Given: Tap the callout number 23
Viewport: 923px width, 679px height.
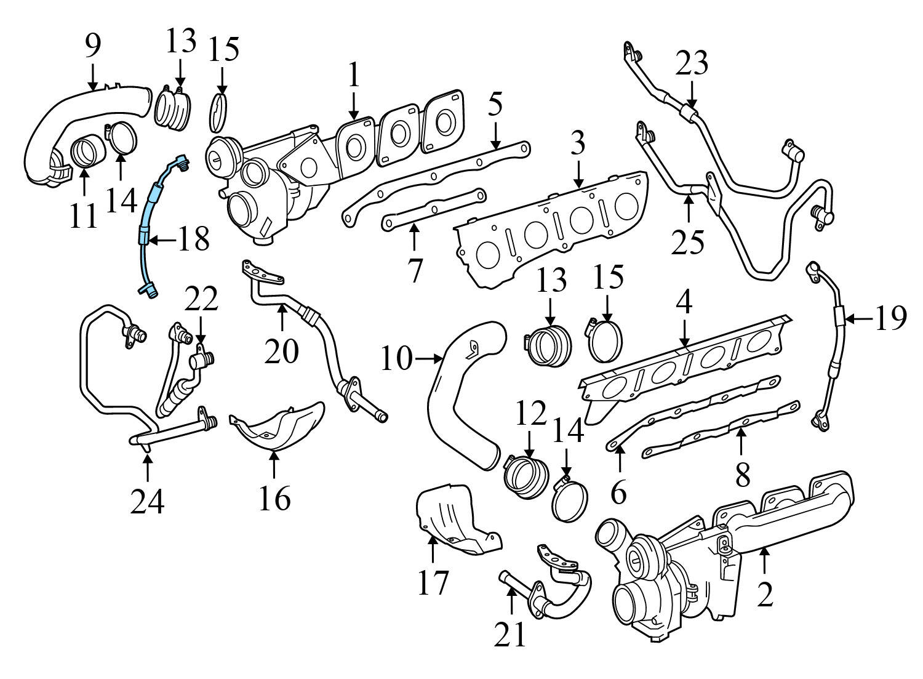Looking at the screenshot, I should (692, 64).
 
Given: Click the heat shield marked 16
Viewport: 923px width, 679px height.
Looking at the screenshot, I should (280, 425).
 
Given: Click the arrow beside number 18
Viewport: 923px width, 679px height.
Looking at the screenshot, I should (161, 240).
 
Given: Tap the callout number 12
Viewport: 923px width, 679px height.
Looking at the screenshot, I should (529, 416).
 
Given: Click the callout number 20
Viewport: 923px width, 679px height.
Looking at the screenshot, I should (282, 350).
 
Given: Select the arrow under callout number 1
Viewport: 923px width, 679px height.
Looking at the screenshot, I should (353, 105).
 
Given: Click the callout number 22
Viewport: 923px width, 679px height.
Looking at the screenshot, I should (201, 300).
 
